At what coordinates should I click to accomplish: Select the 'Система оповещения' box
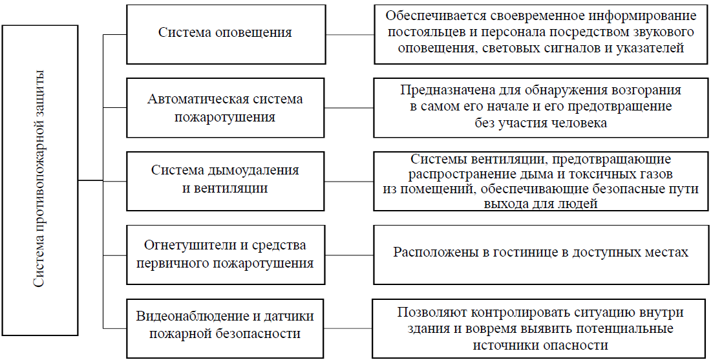click(x=226, y=33)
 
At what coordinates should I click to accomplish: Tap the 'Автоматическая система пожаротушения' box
click(x=226, y=108)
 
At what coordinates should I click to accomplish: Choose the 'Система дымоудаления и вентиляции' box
click(x=226, y=180)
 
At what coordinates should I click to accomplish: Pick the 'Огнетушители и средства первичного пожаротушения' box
click(x=226, y=254)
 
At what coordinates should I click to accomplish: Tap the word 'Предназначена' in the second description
click(x=441, y=90)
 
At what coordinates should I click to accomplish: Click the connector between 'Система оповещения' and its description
click(x=350, y=33)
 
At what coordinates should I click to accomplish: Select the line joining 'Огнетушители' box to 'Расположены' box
click(x=350, y=254)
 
